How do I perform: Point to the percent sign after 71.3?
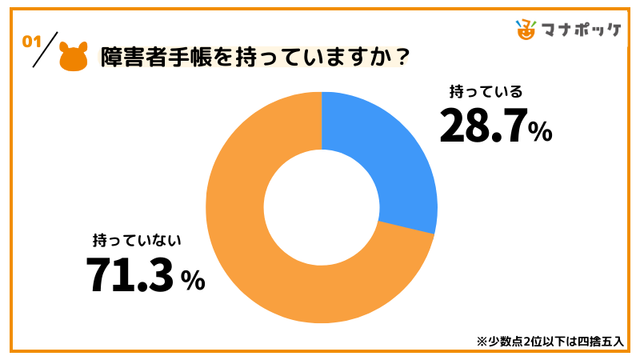pos(193,280)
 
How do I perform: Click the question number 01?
pos(33,42)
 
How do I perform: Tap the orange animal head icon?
pos(74,58)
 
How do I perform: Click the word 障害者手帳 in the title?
pos(149,58)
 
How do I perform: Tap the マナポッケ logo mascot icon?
pos(526,29)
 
